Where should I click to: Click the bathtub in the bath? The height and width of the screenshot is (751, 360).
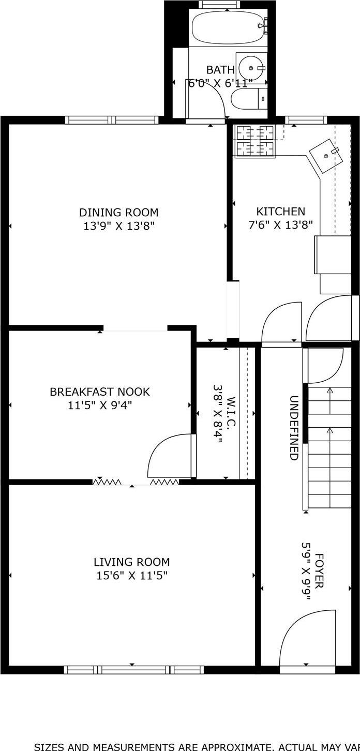coord(228,28)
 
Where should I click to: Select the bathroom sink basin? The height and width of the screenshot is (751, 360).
coord(251,68)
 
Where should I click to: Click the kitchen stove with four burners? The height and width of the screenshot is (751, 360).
coord(254,141)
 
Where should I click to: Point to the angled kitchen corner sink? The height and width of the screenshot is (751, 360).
coord(325,155)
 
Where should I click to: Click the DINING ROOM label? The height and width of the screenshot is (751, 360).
coord(118,212)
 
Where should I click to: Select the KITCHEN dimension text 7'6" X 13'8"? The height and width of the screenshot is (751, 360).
coord(280,226)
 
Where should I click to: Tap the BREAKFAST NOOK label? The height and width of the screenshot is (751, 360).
coord(99,392)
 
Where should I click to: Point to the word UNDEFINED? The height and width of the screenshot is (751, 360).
coord(293,428)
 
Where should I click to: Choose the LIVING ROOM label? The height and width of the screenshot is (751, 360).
coord(131,562)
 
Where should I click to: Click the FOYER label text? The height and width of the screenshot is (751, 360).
coord(319,571)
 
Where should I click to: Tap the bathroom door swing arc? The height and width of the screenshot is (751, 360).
coord(207,101)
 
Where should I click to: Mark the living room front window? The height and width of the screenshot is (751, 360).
coord(133,670)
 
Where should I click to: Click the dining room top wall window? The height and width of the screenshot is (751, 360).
coord(112,120)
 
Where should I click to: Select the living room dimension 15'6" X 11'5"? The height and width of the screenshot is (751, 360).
coord(131,575)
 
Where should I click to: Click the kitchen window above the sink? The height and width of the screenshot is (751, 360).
coord(306,120)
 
